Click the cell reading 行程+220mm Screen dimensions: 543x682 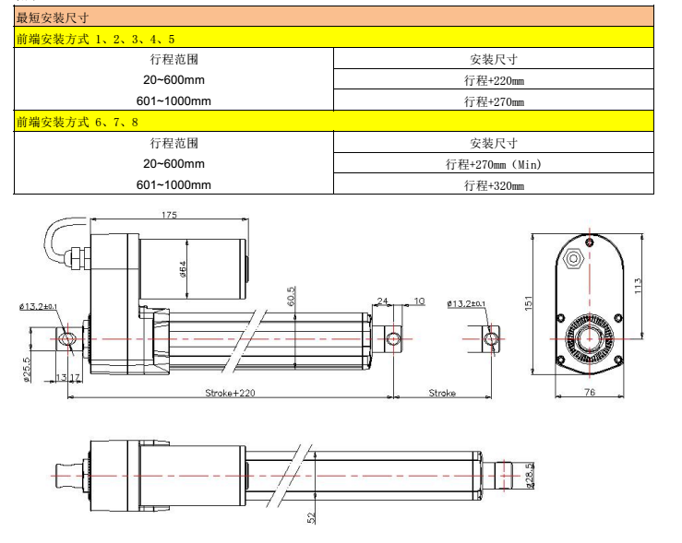coord(494,80)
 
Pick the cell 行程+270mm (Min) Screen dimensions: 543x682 coord(494,164)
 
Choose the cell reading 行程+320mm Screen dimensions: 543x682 coord(494,185)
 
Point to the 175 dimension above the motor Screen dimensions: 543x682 coord(169,214)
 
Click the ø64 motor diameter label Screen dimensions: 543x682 coord(185,268)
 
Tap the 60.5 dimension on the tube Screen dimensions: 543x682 coord(292,295)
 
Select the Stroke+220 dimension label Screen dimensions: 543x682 coord(228,393)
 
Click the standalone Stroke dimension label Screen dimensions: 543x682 coord(442,393)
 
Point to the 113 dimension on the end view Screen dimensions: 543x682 coord(639,286)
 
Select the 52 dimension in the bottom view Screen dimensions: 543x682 coord(311,517)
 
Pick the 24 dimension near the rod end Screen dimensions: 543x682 coord(383,301)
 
